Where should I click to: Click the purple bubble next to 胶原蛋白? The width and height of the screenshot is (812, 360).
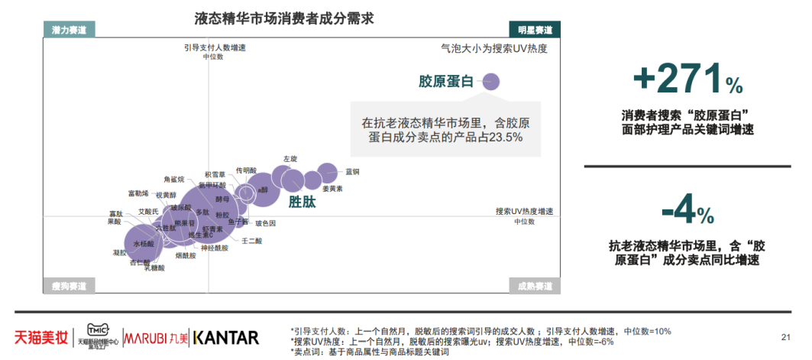click(490, 81)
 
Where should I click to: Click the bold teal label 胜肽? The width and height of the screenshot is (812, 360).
click(301, 203)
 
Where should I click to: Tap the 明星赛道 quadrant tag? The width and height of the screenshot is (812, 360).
click(535, 30)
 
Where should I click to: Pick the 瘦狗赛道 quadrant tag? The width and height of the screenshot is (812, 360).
click(69, 286)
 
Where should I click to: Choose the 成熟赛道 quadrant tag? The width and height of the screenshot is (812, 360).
click(535, 286)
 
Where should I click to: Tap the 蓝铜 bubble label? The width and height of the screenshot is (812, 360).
click(353, 172)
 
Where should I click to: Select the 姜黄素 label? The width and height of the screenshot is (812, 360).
click(332, 188)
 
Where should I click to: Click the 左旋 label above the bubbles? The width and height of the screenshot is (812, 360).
click(290, 159)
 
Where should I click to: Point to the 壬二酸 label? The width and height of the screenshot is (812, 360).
click(251, 241)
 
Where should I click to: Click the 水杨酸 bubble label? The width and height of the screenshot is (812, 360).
click(144, 244)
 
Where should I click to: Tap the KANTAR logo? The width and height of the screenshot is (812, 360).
click(225, 337)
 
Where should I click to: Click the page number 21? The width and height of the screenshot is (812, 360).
click(785, 336)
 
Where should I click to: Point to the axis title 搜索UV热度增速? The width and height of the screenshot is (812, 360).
click(524, 211)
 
